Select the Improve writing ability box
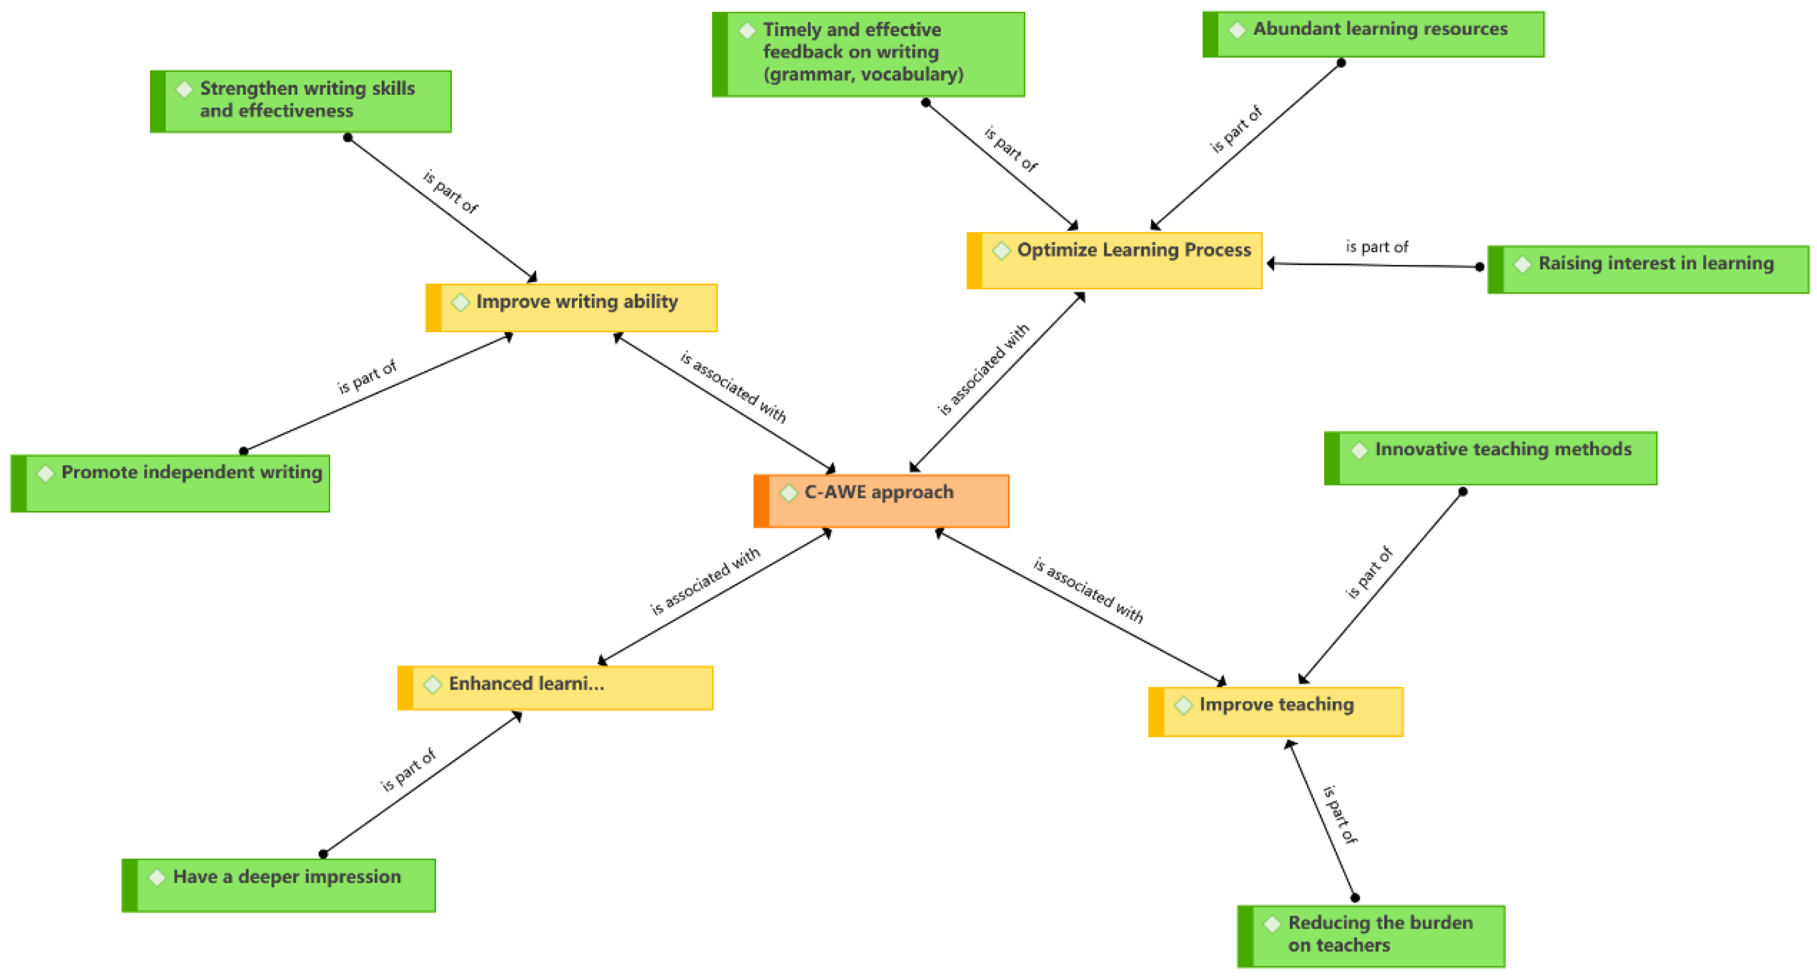571,308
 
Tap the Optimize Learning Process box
1115,260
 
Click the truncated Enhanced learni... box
555,687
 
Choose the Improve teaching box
1275,711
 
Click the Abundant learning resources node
1373,34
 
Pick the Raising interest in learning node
1648,269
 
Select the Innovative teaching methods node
1490,458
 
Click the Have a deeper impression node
279,885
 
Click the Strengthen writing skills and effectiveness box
300,101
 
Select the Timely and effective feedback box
868,54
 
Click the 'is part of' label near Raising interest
1376,247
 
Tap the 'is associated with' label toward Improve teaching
1088,590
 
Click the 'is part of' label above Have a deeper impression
408,769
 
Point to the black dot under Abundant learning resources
1341,63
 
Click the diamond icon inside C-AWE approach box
788,493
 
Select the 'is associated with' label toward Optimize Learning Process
983,370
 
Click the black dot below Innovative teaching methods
1463,491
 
